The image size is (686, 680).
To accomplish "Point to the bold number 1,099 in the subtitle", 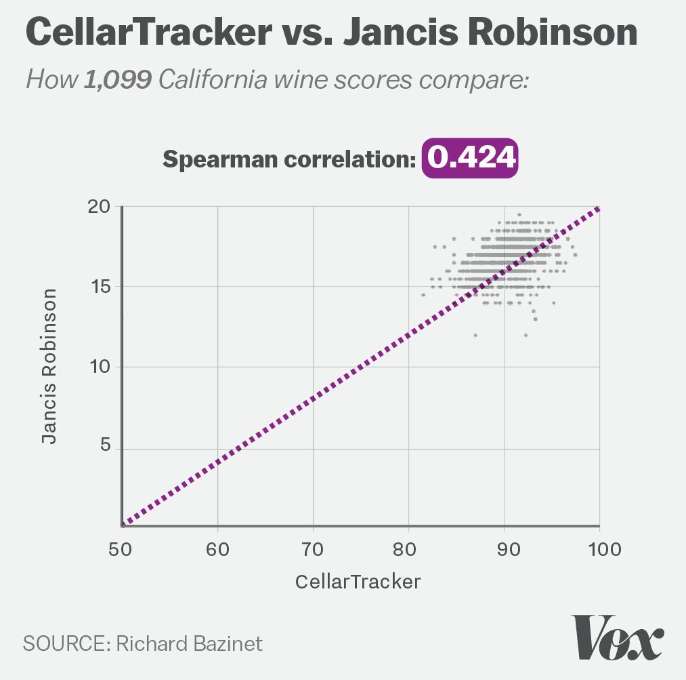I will click(x=117, y=80).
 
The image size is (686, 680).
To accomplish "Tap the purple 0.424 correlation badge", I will click(x=470, y=159).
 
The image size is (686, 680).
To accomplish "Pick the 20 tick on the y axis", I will click(x=100, y=207).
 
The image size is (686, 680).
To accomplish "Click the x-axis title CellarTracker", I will click(x=358, y=582).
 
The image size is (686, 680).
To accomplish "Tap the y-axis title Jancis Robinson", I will click(x=49, y=366).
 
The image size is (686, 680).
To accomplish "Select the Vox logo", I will click(x=617, y=637).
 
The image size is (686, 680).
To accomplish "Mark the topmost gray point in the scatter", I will click(x=519, y=214).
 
